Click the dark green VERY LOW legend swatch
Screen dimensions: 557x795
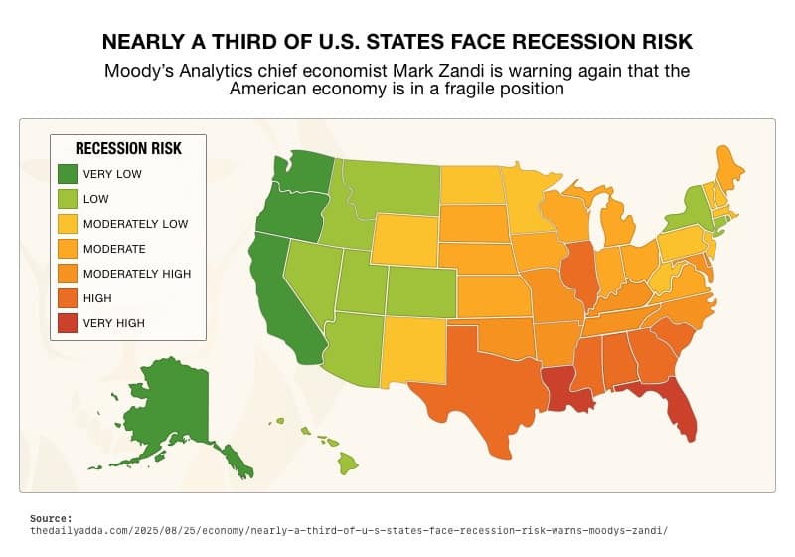pyautogui.click(x=68, y=174)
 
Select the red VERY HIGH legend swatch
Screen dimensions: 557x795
pyautogui.click(x=68, y=322)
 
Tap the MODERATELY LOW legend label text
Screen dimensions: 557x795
pyautogui.click(x=135, y=224)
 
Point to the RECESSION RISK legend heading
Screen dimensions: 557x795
pyautogui.click(x=128, y=149)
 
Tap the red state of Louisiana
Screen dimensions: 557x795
pyautogui.click(x=563, y=388)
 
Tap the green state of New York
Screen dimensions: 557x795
pyautogui.click(x=683, y=210)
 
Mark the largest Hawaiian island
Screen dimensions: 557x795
pyautogui.click(x=348, y=463)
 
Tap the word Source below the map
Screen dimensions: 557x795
pyautogui.click(x=50, y=518)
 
